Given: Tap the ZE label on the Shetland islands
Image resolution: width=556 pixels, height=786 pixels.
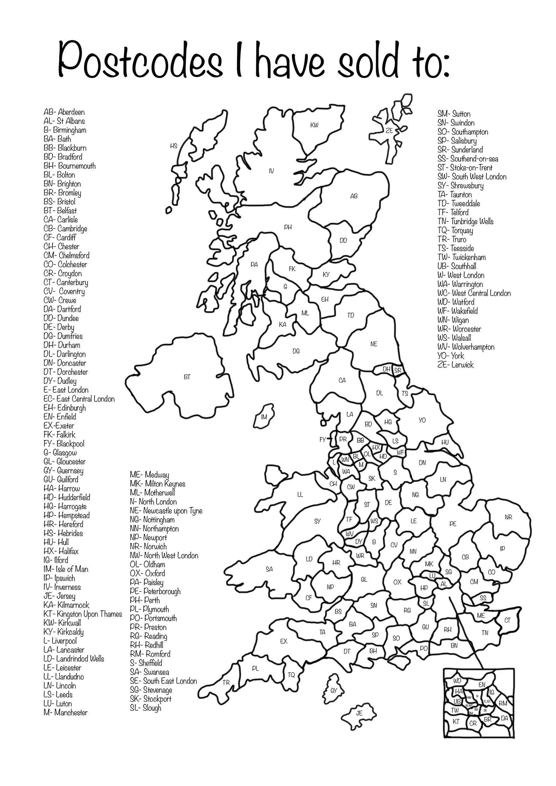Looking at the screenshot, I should click(x=389, y=131).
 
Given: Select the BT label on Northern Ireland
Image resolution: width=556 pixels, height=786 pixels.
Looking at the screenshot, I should click(x=187, y=377).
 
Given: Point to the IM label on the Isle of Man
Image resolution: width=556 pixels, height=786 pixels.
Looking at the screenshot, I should click(x=264, y=417).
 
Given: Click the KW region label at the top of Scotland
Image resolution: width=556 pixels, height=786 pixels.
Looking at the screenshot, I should click(x=314, y=125).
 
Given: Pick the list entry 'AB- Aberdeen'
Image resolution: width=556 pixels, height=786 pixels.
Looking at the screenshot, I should click(x=64, y=112).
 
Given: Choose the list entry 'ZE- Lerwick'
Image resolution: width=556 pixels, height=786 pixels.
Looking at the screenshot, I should click(x=455, y=365).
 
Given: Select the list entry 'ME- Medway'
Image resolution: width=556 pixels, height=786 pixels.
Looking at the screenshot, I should click(x=149, y=475).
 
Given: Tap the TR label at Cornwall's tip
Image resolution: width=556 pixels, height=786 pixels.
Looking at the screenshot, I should click(x=226, y=683).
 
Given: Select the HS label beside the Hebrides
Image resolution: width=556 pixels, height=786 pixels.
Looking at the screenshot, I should click(x=174, y=146).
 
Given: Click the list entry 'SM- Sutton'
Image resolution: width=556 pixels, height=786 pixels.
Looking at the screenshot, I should click(x=454, y=114).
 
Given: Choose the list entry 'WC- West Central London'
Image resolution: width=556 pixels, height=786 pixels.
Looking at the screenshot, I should click(x=474, y=293).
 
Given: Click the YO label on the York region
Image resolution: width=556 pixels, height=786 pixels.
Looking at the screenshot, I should click(x=422, y=420).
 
